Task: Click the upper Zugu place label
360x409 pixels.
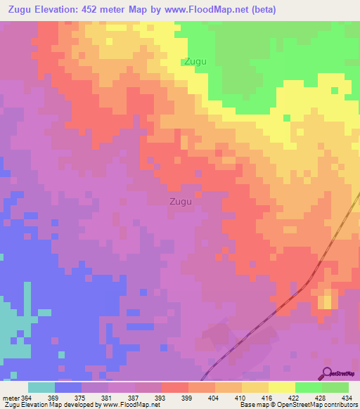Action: click(x=195, y=62)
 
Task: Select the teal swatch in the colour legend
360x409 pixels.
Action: click(x=41, y=387)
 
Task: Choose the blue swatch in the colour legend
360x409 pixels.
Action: click(x=68, y=387)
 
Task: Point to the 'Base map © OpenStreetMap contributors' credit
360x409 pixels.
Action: click(x=297, y=405)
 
